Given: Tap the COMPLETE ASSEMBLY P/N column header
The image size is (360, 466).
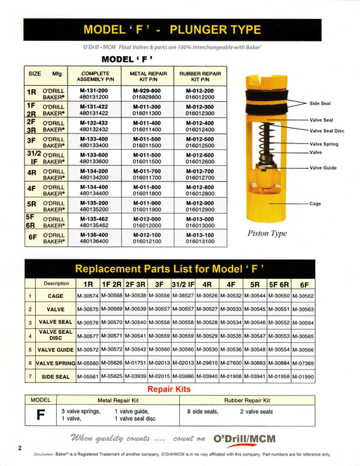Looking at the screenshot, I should coord(95,76).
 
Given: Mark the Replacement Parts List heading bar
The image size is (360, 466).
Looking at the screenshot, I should coord(179,269).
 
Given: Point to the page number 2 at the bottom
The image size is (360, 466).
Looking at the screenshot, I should coord(20,448).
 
